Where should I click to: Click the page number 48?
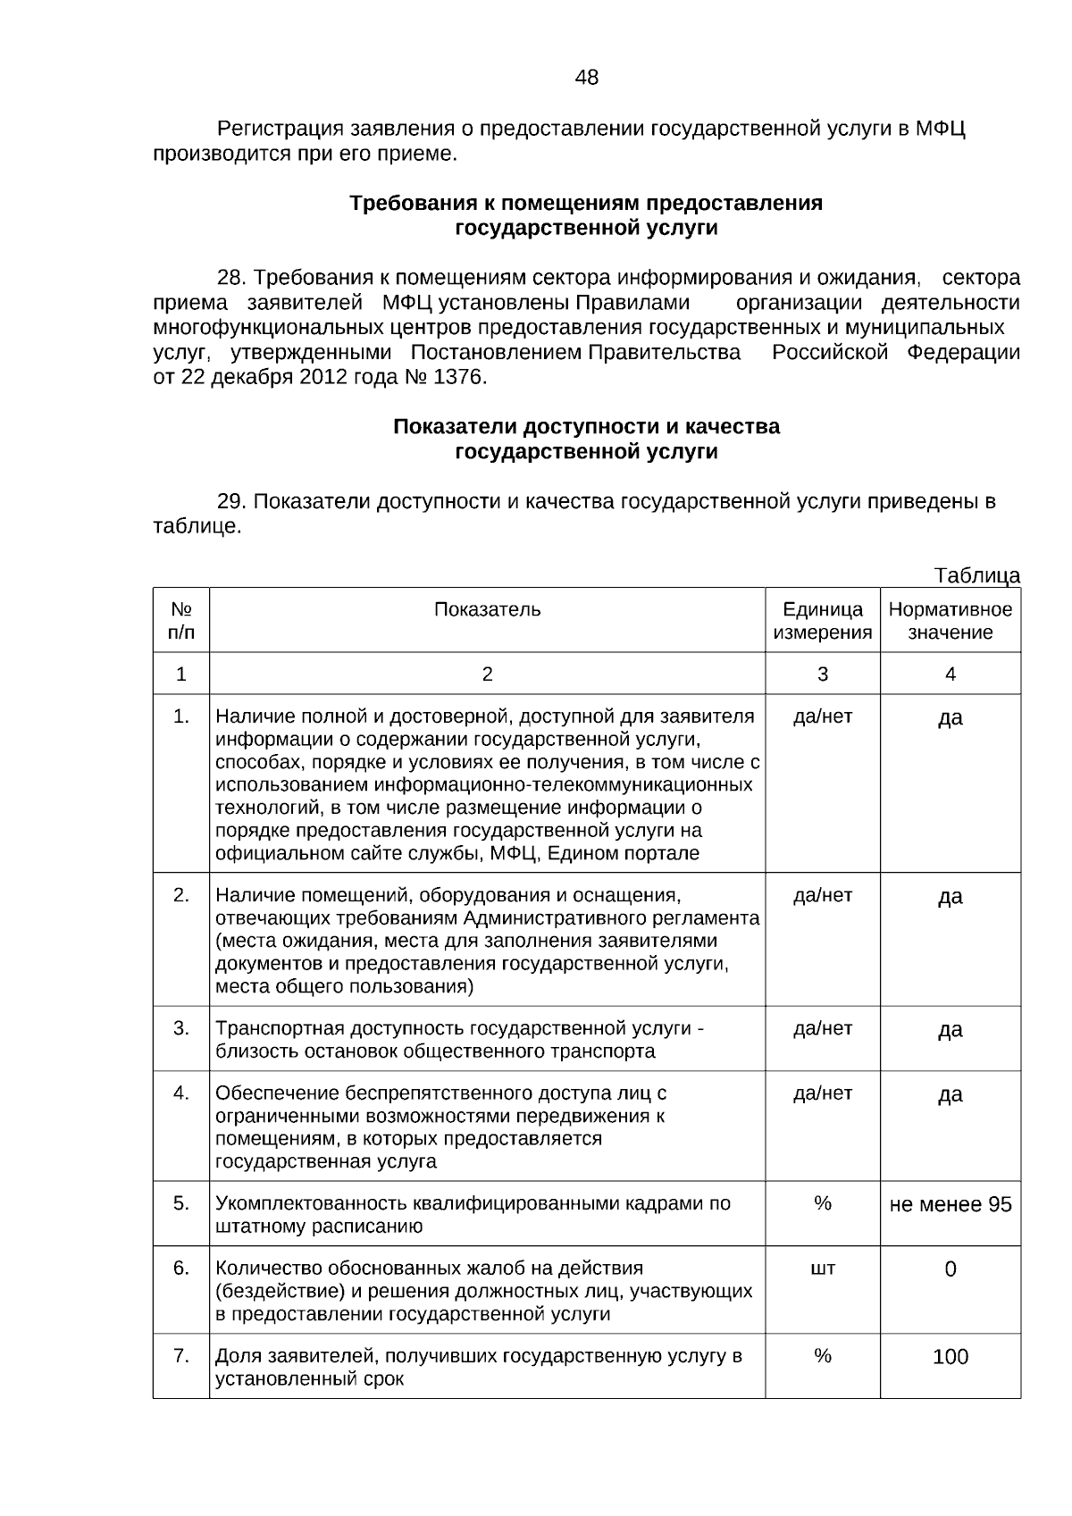pyautogui.click(x=587, y=78)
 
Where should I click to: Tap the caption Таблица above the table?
pyautogui.click(x=977, y=575)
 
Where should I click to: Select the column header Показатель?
pyautogui.click(x=487, y=609)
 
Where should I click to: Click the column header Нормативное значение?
pyautogui.click(x=950, y=621)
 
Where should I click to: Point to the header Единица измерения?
pyautogui.click(x=822, y=621)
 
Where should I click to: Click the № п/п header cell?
pyautogui.click(x=181, y=621)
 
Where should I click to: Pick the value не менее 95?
pyautogui.click(x=951, y=1204)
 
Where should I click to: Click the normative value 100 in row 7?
pyautogui.click(x=951, y=1357)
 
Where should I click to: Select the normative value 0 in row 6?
pyautogui.click(x=951, y=1269)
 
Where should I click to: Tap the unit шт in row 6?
pyautogui.click(x=823, y=1269)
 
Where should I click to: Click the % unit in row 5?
pyautogui.click(x=823, y=1203)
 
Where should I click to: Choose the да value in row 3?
pyautogui.click(x=951, y=1030)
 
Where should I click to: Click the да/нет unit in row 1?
pyautogui.click(x=823, y=716)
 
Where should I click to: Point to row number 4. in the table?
pyautogui.click(x=181, y=1093)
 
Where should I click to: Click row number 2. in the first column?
pyautogui.click(x=181, y=895)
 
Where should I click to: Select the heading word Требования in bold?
pyautogui.click(x=406, y=203)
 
